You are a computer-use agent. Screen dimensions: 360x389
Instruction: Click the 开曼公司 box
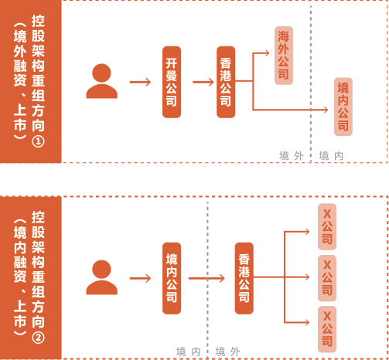(x=172, y=82)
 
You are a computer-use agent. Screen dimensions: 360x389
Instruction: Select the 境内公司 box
(x=172, y=278)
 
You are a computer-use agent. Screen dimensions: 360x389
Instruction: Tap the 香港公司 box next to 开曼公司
(x=226, y=82)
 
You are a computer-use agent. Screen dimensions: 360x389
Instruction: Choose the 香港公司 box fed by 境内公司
(x=244, y=278)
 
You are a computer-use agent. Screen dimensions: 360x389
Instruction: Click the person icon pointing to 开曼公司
(x=101, y=81)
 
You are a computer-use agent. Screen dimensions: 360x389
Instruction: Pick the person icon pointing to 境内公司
(x=101, y=277)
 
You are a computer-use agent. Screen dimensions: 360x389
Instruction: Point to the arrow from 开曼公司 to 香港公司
(x=202, y=81)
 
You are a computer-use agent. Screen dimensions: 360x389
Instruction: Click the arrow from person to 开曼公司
(x=140, y=81)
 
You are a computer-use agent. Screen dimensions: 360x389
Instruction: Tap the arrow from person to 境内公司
(x=140, y=278)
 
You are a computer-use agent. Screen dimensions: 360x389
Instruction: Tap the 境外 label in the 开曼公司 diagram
(x=292, y=155)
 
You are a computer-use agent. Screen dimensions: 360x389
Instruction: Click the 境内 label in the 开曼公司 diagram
(x=331, y=155)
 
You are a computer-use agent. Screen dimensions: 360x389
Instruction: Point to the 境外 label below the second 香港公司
(x=228, y=352)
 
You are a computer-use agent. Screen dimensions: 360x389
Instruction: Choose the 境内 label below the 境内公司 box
(x=189, y=352)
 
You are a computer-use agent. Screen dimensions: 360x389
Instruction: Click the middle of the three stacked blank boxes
(x=327, y=278)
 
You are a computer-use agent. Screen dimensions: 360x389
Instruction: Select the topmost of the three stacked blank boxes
(x=327, y=227)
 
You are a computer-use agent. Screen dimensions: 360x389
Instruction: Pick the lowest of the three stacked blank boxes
(x=327, y=329)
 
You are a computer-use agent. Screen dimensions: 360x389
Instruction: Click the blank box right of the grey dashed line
(x=343, y=107)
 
